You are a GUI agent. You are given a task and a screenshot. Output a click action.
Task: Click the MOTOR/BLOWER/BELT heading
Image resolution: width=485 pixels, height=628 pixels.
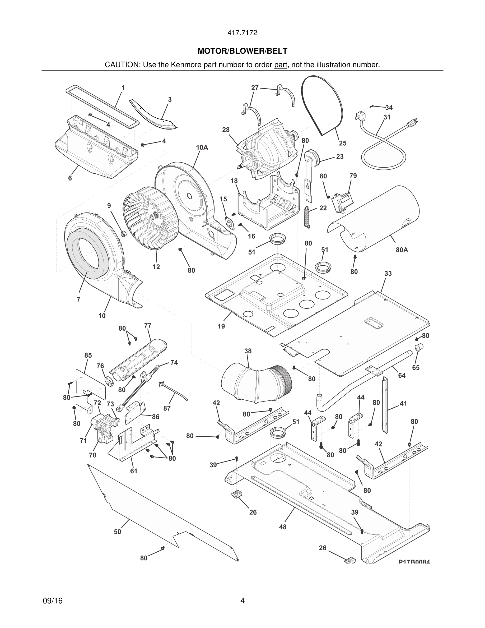(x=242, y=51)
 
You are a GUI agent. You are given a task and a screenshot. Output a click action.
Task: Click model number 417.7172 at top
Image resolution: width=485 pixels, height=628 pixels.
(x=242, y=33)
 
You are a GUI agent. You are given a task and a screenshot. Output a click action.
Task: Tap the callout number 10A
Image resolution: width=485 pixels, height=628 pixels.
(x=202, y=147)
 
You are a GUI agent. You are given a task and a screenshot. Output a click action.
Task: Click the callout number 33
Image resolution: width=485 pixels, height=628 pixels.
(x=388, y=274)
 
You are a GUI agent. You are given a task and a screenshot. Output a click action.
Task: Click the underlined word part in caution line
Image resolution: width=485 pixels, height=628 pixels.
(x=281, y=65)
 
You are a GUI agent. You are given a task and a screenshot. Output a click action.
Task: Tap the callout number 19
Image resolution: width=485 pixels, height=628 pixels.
(x=221, y=326)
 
